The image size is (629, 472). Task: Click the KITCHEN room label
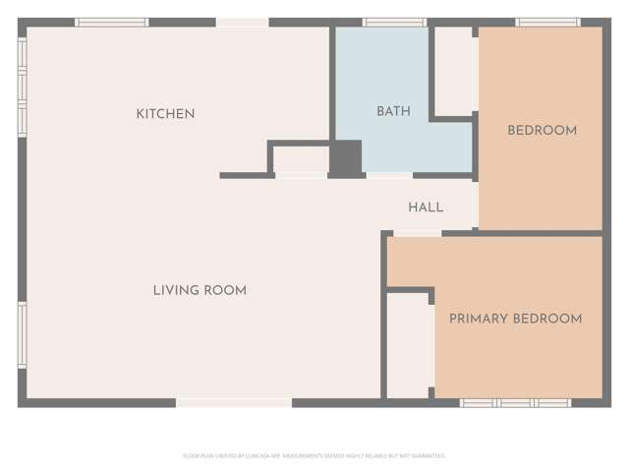click(165, 114)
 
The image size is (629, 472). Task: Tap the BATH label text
click(393, 112)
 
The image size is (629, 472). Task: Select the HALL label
click(426, 207)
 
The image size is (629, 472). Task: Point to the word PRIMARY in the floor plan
click(479, 319)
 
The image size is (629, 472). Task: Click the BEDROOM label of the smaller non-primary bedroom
click(542, 131)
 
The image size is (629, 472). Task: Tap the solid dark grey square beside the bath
click(345, 158)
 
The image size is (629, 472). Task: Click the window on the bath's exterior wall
click(394, 22)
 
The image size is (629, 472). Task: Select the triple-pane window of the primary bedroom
click(515, 403)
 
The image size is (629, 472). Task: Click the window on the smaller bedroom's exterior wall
click(547, 22)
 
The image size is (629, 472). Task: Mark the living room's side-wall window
click(22, 334)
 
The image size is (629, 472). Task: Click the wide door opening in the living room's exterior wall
click(234, 402)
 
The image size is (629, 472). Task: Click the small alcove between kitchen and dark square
click(300, 158)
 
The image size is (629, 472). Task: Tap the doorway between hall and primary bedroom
click(418, 233)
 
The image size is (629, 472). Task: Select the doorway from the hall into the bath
click(389, 175)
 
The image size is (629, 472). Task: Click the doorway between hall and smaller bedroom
click(477, 203)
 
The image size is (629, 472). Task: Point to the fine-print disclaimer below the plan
click(314, 456)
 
